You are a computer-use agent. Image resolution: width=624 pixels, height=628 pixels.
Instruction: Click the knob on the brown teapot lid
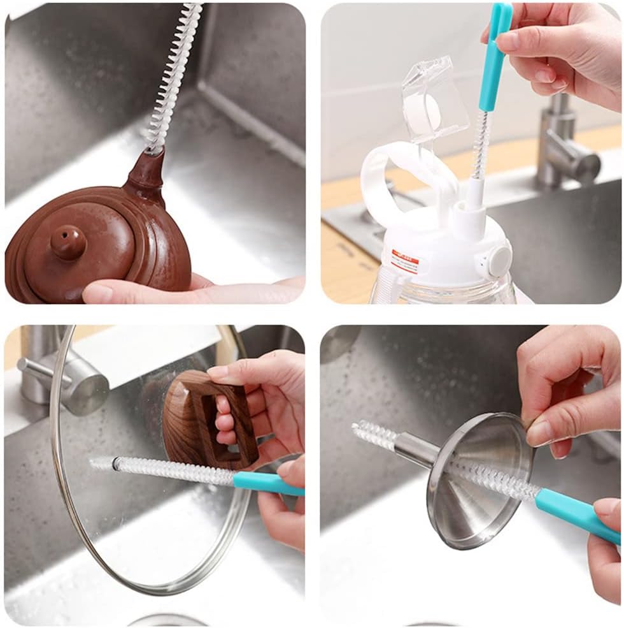[68, 241]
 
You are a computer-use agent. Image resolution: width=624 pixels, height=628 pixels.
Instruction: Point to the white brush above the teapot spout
[173, 77]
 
